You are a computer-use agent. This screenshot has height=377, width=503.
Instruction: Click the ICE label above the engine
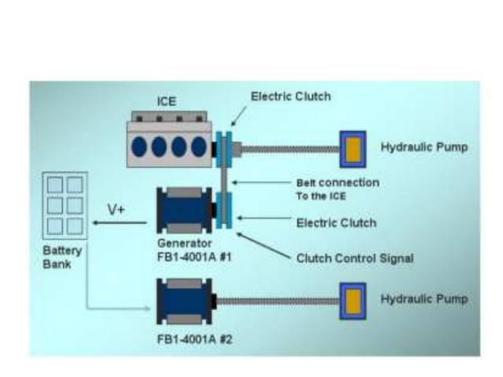tap(166, 103)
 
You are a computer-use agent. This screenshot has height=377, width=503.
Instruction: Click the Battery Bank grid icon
tap(64, 205)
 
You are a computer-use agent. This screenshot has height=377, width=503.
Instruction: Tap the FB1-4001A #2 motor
tap(185, 303)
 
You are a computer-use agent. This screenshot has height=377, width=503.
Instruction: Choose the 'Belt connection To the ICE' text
tap(337, 188)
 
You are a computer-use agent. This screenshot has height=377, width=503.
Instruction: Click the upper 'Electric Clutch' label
tap(290, 96)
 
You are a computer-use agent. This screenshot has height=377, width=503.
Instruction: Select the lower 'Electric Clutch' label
tap(336, 223)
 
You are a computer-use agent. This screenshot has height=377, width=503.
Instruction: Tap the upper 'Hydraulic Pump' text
tap(425, 147)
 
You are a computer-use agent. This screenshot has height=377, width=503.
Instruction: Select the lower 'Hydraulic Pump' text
tap(425, 300)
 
